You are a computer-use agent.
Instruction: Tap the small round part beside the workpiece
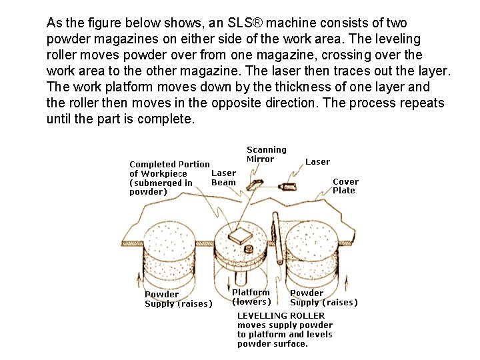248,250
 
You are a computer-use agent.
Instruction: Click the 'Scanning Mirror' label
266,154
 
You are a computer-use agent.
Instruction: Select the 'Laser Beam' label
223,178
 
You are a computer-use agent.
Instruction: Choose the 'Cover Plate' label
345,186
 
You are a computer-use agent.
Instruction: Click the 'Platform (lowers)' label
251,297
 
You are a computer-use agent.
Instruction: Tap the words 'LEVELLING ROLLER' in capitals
281,315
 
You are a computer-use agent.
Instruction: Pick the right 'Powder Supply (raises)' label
323,297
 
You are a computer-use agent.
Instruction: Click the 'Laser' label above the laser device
317,161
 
